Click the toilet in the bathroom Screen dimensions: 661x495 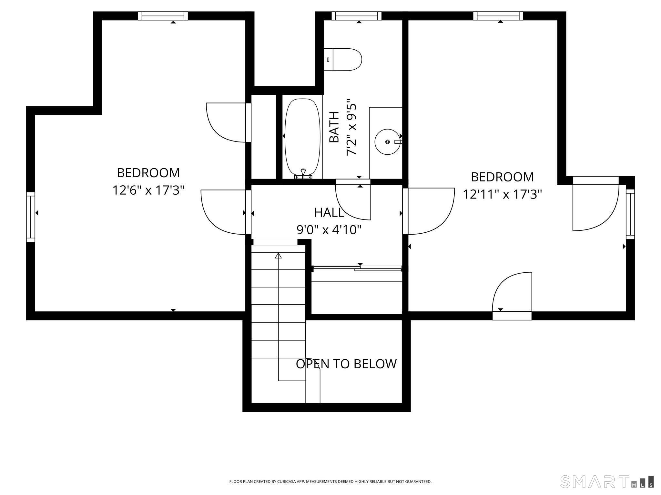(x=342, y=60)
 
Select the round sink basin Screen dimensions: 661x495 (x=387, y=142)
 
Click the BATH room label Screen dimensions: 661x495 (x=334, y=127)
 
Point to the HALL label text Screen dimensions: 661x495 (x=329, y=212)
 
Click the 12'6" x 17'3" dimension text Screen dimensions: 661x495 (x=148, y=190)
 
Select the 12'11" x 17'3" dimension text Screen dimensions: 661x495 (x=502, y=194)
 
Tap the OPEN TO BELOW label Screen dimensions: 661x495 (x=346, y=364)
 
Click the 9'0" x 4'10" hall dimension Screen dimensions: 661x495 (x=329, y=230)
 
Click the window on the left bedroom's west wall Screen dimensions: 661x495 (x=30, y=217)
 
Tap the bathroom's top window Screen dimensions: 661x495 (x=357, y=16)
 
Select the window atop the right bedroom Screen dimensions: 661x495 (x=498, y=16)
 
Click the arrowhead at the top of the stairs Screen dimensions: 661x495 (x=278, y=256)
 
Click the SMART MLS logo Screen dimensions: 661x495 (x=607, y=481)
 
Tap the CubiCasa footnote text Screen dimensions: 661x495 (x=330, y=481)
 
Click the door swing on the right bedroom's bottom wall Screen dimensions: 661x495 (x=512, y=292)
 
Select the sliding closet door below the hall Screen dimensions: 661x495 (x=357, y=268)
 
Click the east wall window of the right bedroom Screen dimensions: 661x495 (x=630, y=214)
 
